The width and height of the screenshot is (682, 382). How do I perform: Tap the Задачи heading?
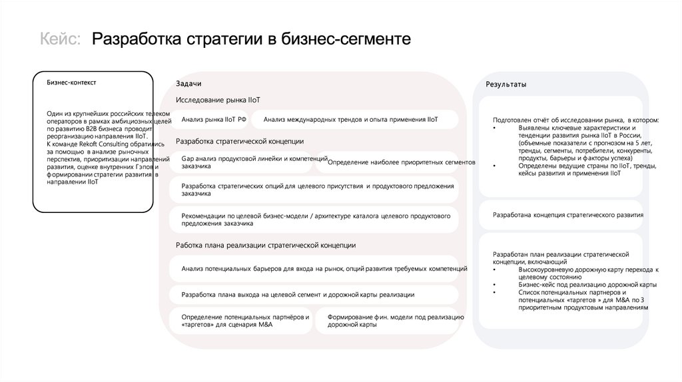click(x=188, y=83)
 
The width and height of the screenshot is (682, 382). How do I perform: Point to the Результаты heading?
click(x=506, y=85)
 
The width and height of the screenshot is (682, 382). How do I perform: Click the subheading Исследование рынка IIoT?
click(x=218, y=99)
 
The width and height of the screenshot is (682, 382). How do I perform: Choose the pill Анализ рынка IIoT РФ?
click(x=214, y=119)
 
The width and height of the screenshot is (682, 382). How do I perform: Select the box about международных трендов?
click(x=350, y=119)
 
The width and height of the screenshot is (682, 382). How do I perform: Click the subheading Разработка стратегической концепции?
click(x=240, y=141)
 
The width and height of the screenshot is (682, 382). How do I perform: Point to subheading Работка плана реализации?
click(x=266, y=245)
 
